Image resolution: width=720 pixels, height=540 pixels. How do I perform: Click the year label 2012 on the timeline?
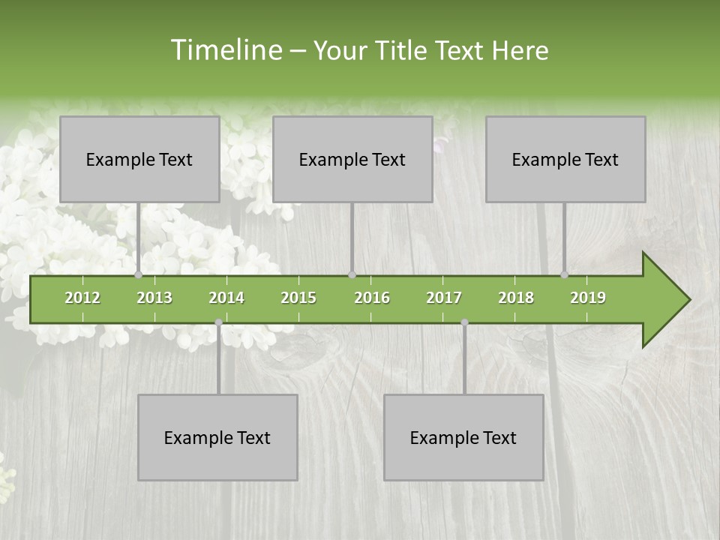(82, 298)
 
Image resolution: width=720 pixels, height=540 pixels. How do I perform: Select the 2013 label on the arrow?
(154, 298)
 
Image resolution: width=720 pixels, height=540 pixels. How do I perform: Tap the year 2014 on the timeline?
(226, 298)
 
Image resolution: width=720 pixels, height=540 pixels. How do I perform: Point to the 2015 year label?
(298, 298)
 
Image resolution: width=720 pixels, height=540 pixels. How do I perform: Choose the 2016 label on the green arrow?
(372, 298)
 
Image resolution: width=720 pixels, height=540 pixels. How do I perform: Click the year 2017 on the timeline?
(444, 298)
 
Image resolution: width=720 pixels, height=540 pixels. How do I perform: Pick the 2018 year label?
(516, 298)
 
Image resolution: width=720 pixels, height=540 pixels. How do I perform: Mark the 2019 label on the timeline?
(588, 298)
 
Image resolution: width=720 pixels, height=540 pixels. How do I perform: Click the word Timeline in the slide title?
(225, 50)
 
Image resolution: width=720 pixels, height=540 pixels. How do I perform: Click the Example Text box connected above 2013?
(139, 159)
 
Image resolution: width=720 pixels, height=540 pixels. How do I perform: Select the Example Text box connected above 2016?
(352, 159)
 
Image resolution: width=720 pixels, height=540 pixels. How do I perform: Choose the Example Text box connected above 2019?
(565, 159)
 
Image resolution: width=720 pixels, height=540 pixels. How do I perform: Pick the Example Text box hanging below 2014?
(217, 437)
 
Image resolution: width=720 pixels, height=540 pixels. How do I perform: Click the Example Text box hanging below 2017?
(463, 437)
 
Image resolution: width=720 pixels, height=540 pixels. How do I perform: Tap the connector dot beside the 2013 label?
(139, 275)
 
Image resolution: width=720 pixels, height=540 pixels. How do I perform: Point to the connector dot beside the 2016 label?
(352, 275)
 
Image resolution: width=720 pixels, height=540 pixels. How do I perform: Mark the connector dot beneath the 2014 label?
(218, 322)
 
